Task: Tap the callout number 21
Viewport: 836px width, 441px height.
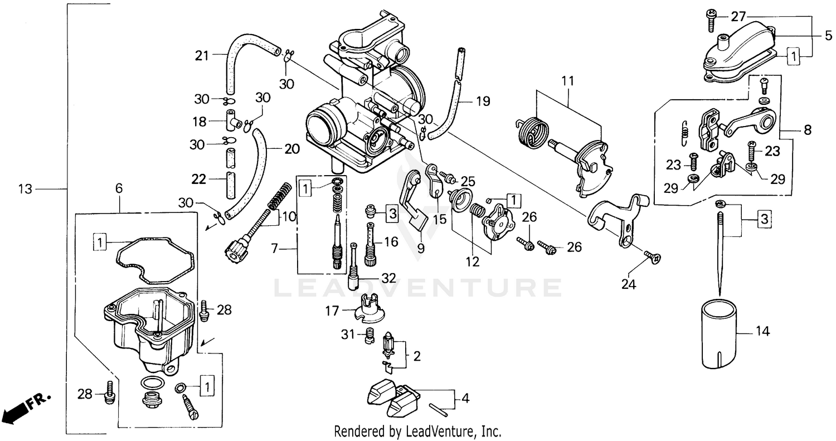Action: (202, 55)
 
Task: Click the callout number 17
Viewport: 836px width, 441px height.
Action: (332, 311)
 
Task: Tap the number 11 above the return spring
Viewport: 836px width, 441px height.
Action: (567, 81)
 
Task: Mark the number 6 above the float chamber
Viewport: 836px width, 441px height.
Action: (119, 189)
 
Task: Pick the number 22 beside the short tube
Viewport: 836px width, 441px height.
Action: (199, 179)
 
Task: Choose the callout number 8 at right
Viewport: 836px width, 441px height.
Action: (808, 130)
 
